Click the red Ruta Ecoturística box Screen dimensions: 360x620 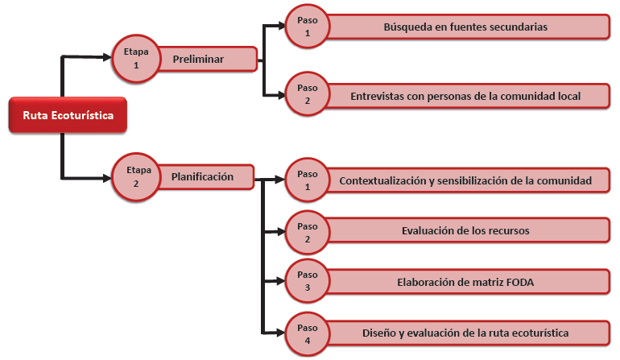pyautogui.click(x=68, y=115)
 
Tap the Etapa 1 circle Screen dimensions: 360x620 pyautogui.click(x=136, y=59)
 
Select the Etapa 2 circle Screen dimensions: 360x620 pyautogui.click(x=136, y=176)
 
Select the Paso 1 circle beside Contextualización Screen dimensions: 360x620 pyautogui.click(x=308, y=180)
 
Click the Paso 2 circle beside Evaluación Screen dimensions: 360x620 pyautogui.click(x=308, y=232)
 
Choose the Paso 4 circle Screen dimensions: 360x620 pyautogui.click(x=308, y=333)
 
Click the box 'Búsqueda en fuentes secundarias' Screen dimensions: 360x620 pyautogui.click(x=465, y=27)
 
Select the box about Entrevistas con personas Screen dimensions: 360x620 pyautogui.click(x=465, y=96)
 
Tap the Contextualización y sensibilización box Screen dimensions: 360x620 pyautogui.click(x=465, y=180)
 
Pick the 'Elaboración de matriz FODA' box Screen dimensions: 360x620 pyautogui.click(x=465, y=283)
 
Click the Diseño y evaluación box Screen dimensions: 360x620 pyautogui.click(x=465, y=333)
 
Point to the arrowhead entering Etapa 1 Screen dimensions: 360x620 pyautogui.click(x=107, y=56)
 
